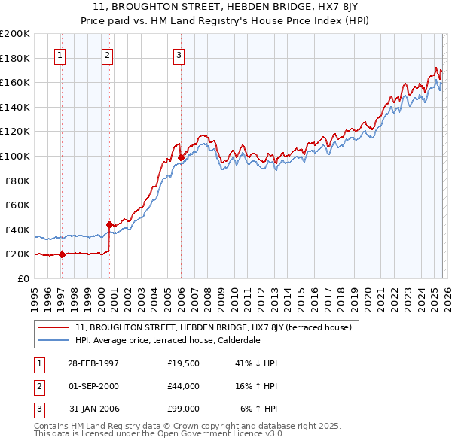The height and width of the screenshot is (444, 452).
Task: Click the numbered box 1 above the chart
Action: (x=60, y=55)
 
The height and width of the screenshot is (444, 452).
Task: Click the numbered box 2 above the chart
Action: (x=107, y=55)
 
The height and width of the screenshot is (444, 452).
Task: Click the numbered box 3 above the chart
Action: (x=179, y=55)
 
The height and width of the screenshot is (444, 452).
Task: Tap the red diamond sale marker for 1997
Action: (x=63, y=254)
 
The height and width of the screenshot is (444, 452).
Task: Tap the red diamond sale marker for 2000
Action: (x=109, y=224)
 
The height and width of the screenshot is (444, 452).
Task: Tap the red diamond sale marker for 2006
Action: (x=182, y=157)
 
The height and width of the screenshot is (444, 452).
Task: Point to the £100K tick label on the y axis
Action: (x=15, y=156)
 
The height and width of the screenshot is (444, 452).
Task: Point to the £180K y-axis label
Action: (x=15, y=58)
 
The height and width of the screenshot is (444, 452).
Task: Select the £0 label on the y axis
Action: (x=23, y=278)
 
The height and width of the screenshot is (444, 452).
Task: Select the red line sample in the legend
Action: (x=53, y=328)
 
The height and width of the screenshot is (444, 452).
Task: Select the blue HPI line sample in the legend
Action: (x=53, y=340)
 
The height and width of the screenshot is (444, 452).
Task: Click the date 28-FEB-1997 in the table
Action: (x=93, y=363)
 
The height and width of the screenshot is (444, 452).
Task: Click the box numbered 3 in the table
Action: (x=38, y=409)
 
